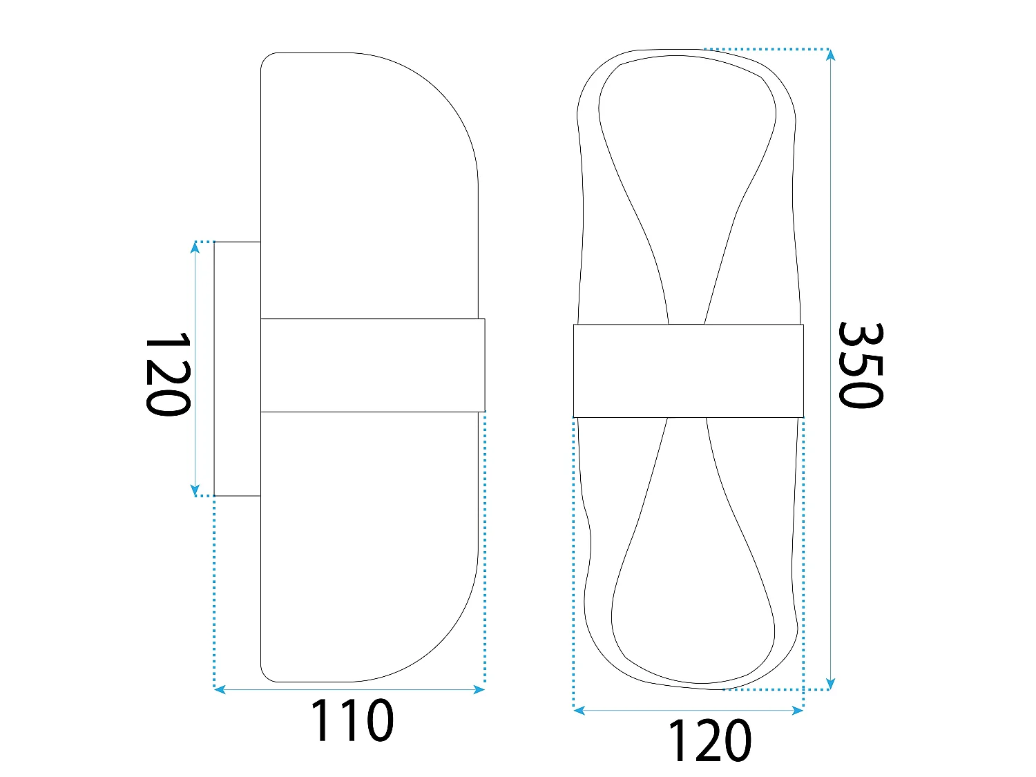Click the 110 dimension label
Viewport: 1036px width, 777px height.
pyautogui.click(x=352, y=720)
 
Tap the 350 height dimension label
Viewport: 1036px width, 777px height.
pyautogui.click(x=859, y=365)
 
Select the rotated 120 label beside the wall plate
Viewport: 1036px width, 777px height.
pyautogui.click(x=168, y=374)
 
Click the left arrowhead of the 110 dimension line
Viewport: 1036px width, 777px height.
pyautogui.click(x=220, y=690)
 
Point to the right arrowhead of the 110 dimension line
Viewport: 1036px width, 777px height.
pyautogui.click(x=479, y=690)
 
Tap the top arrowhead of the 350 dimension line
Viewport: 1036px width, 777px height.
pyautogui.click(x=831, y=55)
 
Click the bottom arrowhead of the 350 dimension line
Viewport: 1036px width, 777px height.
pyautogui.click(x=831, y=684)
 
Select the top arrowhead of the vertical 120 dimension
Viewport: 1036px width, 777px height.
pyautogui.click(x=195, y=247)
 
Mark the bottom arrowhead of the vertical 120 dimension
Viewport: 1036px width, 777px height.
pyautogui.click(x=195, y=490)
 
